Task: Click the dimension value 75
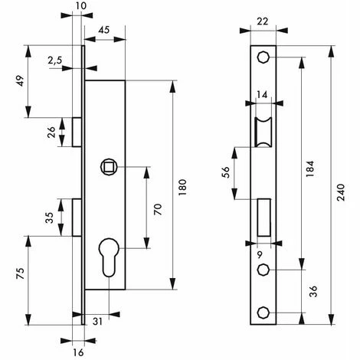20,273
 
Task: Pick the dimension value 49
20,81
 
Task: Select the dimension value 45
104,31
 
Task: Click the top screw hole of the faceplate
263,57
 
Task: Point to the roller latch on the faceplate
263,131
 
